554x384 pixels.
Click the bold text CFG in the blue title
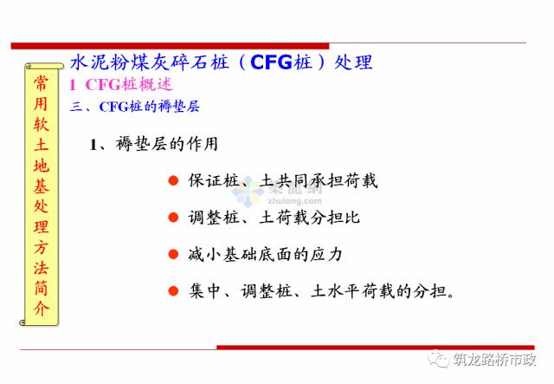tap(271, 62)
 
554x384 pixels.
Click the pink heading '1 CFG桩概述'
tap(121, 85)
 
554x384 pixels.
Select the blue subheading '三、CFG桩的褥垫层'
tap(135, 107)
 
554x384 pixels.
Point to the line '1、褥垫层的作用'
tap(154, 144)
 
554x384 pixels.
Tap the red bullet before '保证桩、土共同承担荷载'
tap(173, 180)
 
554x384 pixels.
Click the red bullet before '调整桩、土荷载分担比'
tap(173, 218)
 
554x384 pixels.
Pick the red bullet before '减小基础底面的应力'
tap(173, 254)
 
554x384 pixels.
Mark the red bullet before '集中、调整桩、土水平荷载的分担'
tap(173, 291)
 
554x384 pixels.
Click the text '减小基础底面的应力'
tap(266, 254)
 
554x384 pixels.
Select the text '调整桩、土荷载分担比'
tap(274, 218)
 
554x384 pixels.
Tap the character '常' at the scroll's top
tap(42, 83)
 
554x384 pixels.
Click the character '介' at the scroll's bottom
tap(42, 309)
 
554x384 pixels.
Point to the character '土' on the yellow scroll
tap(42, 145)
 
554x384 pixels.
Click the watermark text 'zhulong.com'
tap(294, 201)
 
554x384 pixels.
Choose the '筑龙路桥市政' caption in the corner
tap(495, 359)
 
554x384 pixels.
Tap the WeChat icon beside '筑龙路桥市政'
tap(439, 359)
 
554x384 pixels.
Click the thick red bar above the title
tap(170, 46)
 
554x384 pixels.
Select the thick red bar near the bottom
tap(376, 348)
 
